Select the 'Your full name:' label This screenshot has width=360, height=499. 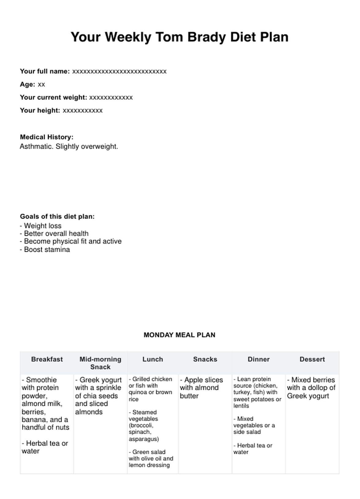point(45,71)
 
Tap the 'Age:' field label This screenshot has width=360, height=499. point(27,84)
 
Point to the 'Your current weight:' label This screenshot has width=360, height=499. point(54,97)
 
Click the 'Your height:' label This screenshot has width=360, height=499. point(40,111)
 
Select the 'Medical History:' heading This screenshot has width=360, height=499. point(47,137)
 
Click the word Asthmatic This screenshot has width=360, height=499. point(36,147)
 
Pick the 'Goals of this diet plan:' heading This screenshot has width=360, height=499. point(57,216)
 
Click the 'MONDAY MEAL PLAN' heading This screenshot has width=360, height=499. point(179,335)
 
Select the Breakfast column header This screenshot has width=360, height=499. point(47,359)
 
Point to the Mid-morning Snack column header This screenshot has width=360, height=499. point(100,363)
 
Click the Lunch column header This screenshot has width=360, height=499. point(153,359)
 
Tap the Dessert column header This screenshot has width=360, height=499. point(312,359)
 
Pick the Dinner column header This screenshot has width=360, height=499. point(259,359)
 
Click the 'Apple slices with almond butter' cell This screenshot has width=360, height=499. point(201,388)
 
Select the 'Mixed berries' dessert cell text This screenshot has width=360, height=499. point(311,388)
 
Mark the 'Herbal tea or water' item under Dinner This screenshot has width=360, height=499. point(253,449)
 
